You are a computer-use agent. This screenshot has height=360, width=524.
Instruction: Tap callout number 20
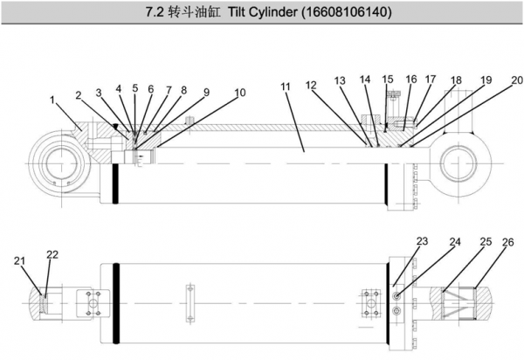[516, 80]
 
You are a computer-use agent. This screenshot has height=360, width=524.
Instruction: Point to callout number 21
[19, 260]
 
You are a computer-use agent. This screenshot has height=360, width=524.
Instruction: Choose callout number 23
[422, 240]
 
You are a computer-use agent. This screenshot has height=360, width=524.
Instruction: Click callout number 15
[388, 80]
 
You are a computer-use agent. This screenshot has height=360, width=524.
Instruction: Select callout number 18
[456, 80]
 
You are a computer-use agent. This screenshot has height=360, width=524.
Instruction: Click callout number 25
[486, 241]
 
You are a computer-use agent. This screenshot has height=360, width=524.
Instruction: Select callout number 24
[454, 241]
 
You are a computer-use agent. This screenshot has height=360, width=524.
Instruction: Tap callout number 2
[79, 94]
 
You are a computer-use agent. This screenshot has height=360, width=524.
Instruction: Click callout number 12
[310, 85]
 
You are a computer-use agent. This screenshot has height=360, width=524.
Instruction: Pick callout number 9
[206, 91]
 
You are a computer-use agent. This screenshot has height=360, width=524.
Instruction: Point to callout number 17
[430, 80]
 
